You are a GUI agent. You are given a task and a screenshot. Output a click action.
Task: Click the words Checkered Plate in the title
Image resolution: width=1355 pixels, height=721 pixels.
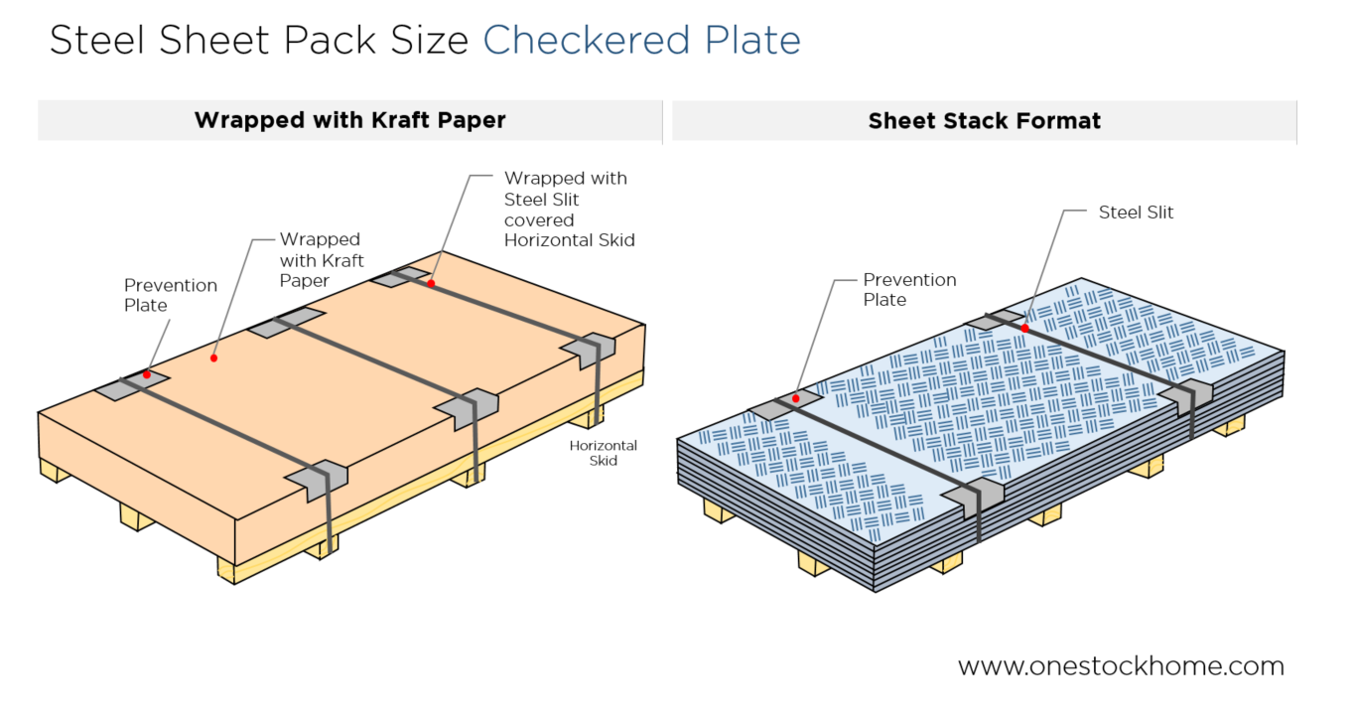click(641, 40)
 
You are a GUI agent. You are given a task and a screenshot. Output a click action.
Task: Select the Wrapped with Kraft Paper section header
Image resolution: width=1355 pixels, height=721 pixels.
click(349, 120)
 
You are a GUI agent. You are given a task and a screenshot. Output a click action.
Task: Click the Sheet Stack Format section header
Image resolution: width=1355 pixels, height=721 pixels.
click(984, 121)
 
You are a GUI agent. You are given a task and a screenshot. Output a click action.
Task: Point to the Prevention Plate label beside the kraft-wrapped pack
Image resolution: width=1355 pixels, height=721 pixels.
click(170, 295)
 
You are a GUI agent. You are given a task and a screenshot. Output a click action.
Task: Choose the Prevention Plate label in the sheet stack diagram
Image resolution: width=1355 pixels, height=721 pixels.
click(909, 289)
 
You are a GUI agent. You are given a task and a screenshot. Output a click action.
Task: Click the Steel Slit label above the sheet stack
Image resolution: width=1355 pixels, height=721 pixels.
click(1136, 212)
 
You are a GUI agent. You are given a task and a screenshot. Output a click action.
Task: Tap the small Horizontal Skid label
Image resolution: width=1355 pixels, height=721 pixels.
click(604, 453)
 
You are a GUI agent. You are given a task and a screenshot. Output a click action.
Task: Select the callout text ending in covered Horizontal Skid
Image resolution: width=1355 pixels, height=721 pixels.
click(569, 209)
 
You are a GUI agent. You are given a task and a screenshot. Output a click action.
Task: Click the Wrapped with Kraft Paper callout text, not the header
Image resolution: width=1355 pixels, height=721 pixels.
click(322, 260)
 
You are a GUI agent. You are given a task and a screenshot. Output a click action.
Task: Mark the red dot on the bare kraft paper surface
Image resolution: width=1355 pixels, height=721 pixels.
click(213, 356)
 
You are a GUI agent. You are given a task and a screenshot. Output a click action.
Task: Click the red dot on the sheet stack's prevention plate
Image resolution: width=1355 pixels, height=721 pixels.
click(795, 398)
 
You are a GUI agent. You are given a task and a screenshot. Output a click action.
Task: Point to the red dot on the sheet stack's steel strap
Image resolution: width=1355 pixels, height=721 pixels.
click(1024, 328)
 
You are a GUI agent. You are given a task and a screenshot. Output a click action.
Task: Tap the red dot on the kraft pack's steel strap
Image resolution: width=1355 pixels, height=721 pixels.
click(431, 283)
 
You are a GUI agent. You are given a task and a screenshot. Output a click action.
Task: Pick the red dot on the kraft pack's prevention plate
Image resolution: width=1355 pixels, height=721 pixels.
click(146, 374)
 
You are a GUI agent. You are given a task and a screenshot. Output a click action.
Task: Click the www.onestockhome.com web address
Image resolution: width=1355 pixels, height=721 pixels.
click(1121, 665)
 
